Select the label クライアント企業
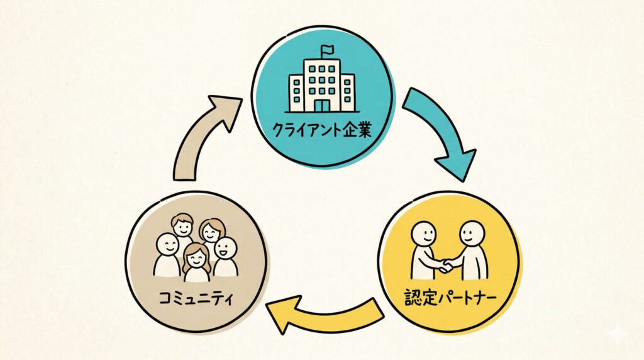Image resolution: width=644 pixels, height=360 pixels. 322,133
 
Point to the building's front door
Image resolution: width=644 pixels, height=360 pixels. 321,105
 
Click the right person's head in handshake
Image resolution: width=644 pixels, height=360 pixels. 471,233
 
